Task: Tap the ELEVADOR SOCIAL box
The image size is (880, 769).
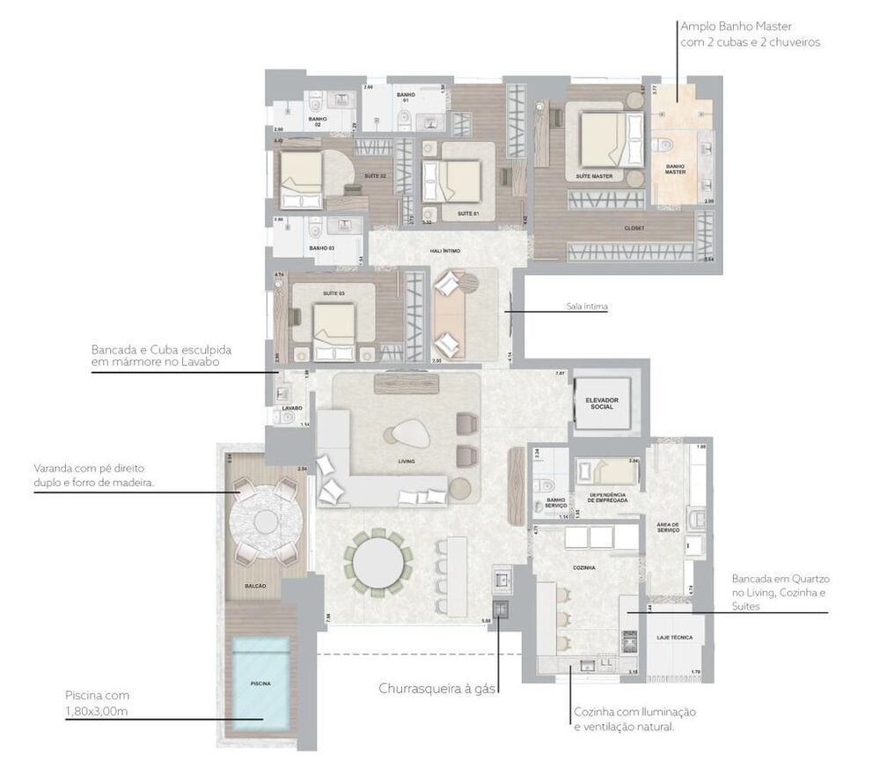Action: (602, 403)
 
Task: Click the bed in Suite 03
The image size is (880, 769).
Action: (332, 324)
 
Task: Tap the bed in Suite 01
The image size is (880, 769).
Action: (460, 181)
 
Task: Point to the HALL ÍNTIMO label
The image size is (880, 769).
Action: (445, 251)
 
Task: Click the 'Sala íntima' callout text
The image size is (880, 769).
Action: (587, 307)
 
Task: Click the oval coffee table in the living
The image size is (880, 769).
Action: (405, 433)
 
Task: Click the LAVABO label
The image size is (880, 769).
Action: (292, 409)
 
